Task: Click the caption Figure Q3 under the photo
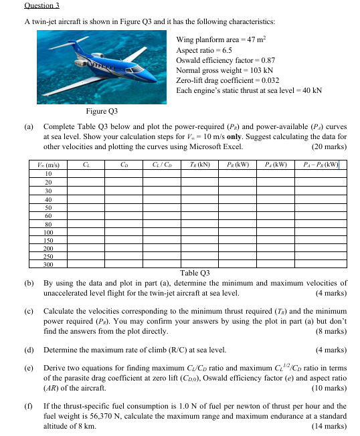[102, 110]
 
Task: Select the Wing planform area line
[216, 40]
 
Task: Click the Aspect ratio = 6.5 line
[202, 50]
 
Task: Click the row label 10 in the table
[48, 173]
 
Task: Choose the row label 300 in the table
[48, 265]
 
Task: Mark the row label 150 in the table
[48, 239]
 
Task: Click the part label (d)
[29, 349]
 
